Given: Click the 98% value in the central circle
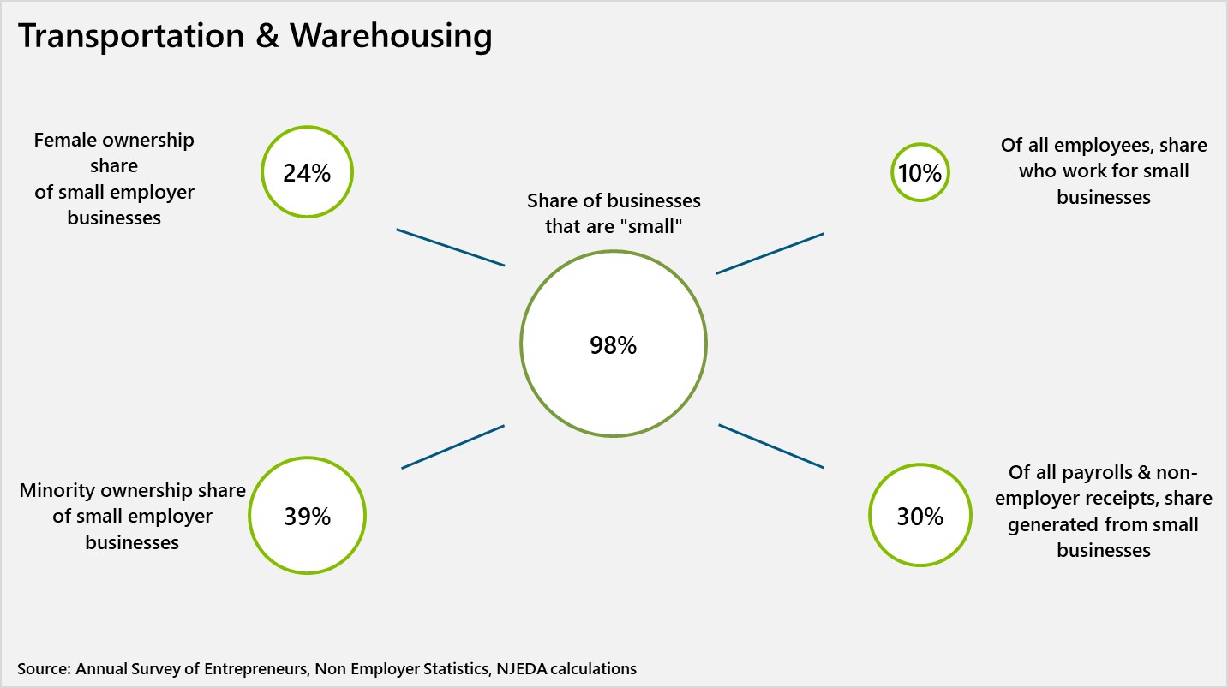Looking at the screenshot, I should (613, 345).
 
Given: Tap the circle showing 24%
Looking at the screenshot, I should (307, 172).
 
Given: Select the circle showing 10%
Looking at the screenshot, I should (920, 172).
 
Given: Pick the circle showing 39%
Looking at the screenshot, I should (307, 517).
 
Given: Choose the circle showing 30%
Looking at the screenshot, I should (920, 517).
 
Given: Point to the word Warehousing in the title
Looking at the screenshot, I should (391, 36).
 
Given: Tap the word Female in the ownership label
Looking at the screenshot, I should (66, 140).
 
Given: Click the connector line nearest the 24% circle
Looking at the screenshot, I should (450, 247).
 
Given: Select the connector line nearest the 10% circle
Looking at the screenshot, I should (770, 253).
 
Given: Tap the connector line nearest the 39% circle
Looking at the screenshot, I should (452, 446).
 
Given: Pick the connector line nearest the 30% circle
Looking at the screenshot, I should (770, 446).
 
